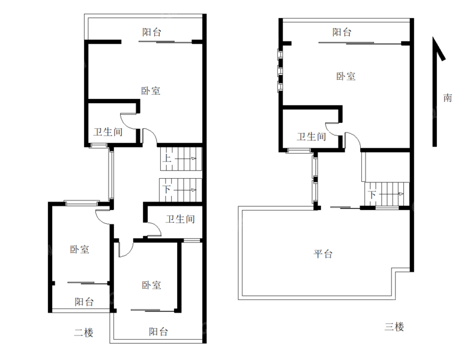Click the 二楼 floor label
tap(83, 332)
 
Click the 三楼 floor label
tap(394, 327)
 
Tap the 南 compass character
tap(447, 98)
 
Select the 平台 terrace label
tap(323, 254)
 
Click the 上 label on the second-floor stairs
tap(168, 159)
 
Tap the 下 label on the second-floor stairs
tap(167, 190)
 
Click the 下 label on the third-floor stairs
tap(372, 194)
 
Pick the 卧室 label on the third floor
tap(346, 76)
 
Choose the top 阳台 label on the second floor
tap(151, 32)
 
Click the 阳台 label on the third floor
tap(342, 32)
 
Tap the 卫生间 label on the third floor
tap(312, 136)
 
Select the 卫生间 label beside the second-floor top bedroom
tap(108, 131)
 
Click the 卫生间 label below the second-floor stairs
tap(180, 219)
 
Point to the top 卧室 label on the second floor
tap(151, 91)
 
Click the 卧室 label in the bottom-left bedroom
tap(79, 249)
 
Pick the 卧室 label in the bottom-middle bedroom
tap(151, 285)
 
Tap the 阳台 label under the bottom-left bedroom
tap(83, 301)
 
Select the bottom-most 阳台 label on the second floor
tap(158, 331)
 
